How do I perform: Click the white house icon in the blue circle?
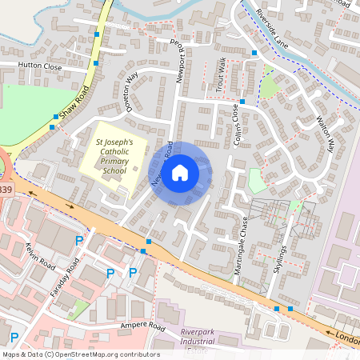coord(180,171)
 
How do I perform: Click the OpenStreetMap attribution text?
coord(80,354)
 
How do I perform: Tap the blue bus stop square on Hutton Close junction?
coord(96,62)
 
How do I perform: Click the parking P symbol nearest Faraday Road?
coord(78,240)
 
